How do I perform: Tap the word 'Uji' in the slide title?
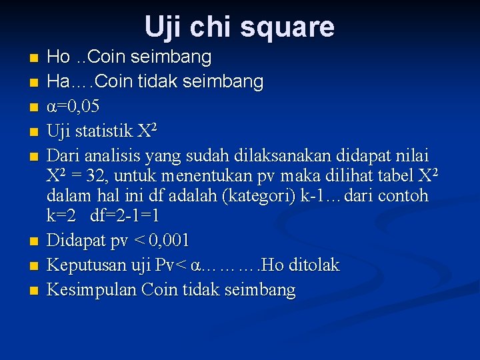click(162, 27)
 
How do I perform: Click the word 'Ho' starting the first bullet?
click(59, 57)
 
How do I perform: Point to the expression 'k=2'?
click(62, 216)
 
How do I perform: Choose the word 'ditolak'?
click(313, 265)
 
